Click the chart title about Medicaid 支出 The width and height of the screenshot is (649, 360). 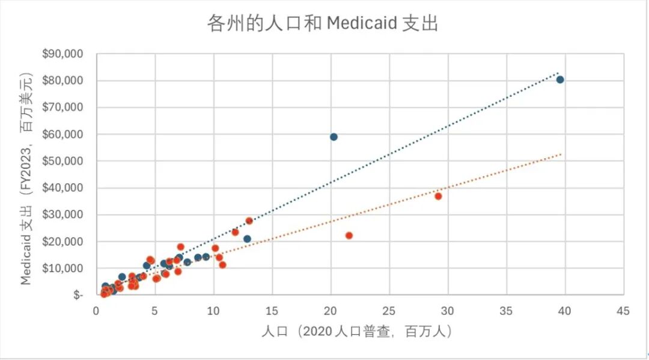(323, 23)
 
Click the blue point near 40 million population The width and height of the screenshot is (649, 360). (560, 80)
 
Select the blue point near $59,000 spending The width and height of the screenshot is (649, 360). (334, 137)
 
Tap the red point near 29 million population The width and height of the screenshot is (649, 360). (438, 196)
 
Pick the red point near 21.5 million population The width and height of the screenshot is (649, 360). (349, 236)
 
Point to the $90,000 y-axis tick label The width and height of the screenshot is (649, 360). (62, 54)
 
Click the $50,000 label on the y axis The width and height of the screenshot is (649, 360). (62, 161)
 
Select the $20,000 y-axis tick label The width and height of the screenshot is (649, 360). (62, 241)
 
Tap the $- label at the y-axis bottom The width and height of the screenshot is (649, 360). (78, 295)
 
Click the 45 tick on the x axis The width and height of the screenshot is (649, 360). (623, 311)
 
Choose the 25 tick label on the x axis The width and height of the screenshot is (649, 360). (389, 311)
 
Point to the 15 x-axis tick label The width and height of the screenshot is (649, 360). (272, 311)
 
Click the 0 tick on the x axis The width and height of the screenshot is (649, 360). (96, 311)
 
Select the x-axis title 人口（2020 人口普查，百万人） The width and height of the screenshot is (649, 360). (356, 331)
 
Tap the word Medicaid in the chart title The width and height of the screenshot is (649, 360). (362, 23)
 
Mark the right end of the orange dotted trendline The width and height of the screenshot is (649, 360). (561, 154)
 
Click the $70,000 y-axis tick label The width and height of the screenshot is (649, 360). (62, 107)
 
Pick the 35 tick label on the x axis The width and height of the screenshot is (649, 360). (506, 311)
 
